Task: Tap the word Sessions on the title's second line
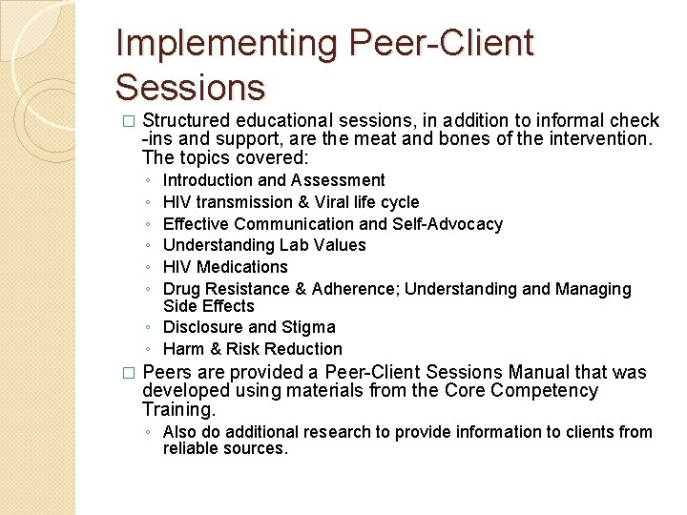tap(189, 88)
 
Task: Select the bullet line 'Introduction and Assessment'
tap(274, 180)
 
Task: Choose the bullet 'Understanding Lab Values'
tap(264, 245)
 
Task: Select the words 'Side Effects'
tap(209, 306)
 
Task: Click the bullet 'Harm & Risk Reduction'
tap(252, 349)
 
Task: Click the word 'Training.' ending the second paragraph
tap(178, 409)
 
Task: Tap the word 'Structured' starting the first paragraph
tap(186, 121)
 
